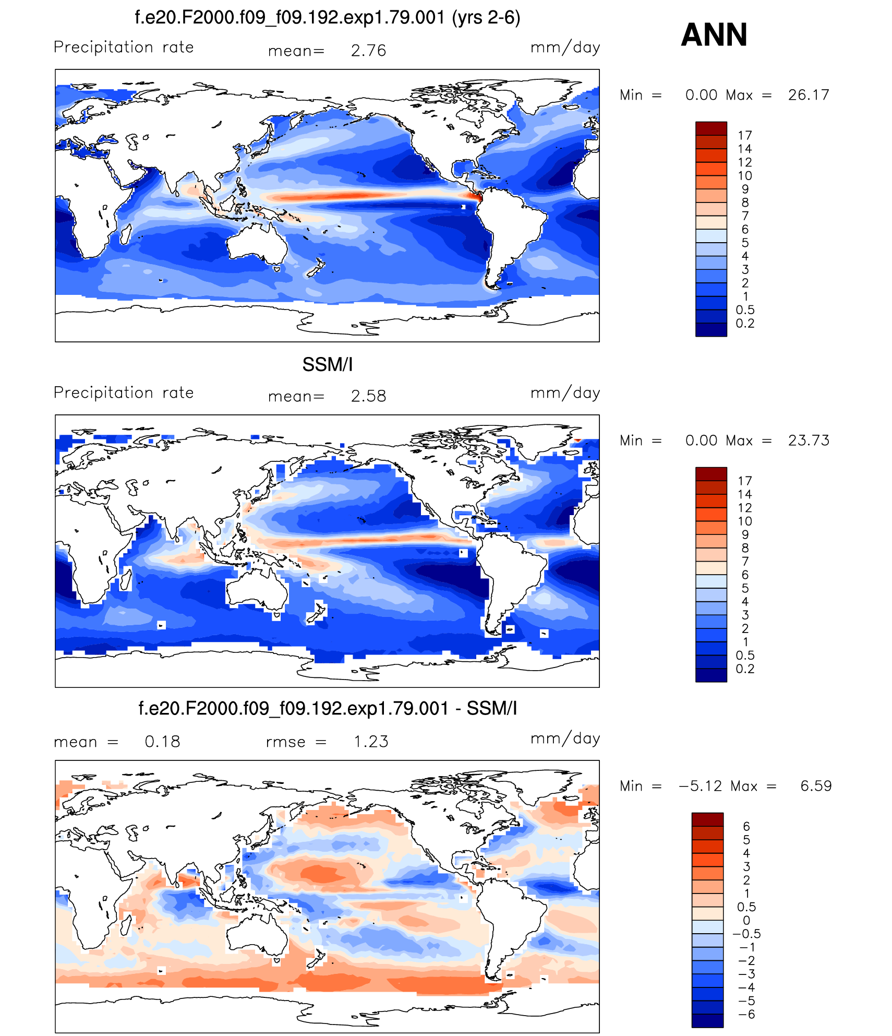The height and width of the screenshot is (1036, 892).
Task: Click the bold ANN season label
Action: (714, 35)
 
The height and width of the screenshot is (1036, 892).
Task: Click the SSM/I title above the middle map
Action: (327, 364)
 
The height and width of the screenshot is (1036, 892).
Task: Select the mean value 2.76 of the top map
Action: (368, 51)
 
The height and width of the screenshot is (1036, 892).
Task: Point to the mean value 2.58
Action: (368, 396)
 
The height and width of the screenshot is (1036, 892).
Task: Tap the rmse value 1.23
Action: (371, 742)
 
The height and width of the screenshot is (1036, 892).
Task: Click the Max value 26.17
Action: (808, 95)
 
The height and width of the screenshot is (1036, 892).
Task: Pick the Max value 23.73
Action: (808, 440)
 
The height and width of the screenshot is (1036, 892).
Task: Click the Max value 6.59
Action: (816, 786)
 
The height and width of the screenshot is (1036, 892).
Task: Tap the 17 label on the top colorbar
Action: (744, 136)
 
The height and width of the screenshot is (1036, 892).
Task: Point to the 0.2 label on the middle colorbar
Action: (744, 669)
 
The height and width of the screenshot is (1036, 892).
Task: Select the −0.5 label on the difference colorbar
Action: (746, 934)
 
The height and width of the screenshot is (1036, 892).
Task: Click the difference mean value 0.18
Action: (162, 742)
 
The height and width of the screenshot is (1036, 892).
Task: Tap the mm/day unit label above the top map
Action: (565, 47)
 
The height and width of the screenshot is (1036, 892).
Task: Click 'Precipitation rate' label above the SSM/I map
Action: (124, 392)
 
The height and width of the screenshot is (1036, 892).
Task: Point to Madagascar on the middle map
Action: (126, 579)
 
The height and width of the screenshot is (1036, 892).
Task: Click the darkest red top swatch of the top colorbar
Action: (710, 128)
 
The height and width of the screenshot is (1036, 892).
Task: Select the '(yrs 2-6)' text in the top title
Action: (486, 18)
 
